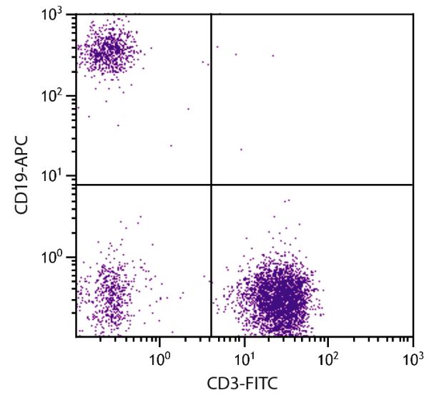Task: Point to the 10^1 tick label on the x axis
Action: (245, 353)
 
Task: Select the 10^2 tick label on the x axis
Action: (329, 353)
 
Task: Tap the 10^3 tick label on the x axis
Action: (412, 353)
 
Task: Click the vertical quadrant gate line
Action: (212, 107)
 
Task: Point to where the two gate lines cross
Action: (212, 185)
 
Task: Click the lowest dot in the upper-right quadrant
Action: (241, 150)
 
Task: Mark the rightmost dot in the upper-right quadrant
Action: (272, 55)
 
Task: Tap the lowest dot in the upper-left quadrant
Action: (171, 145)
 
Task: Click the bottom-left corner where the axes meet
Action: (77, 336)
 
